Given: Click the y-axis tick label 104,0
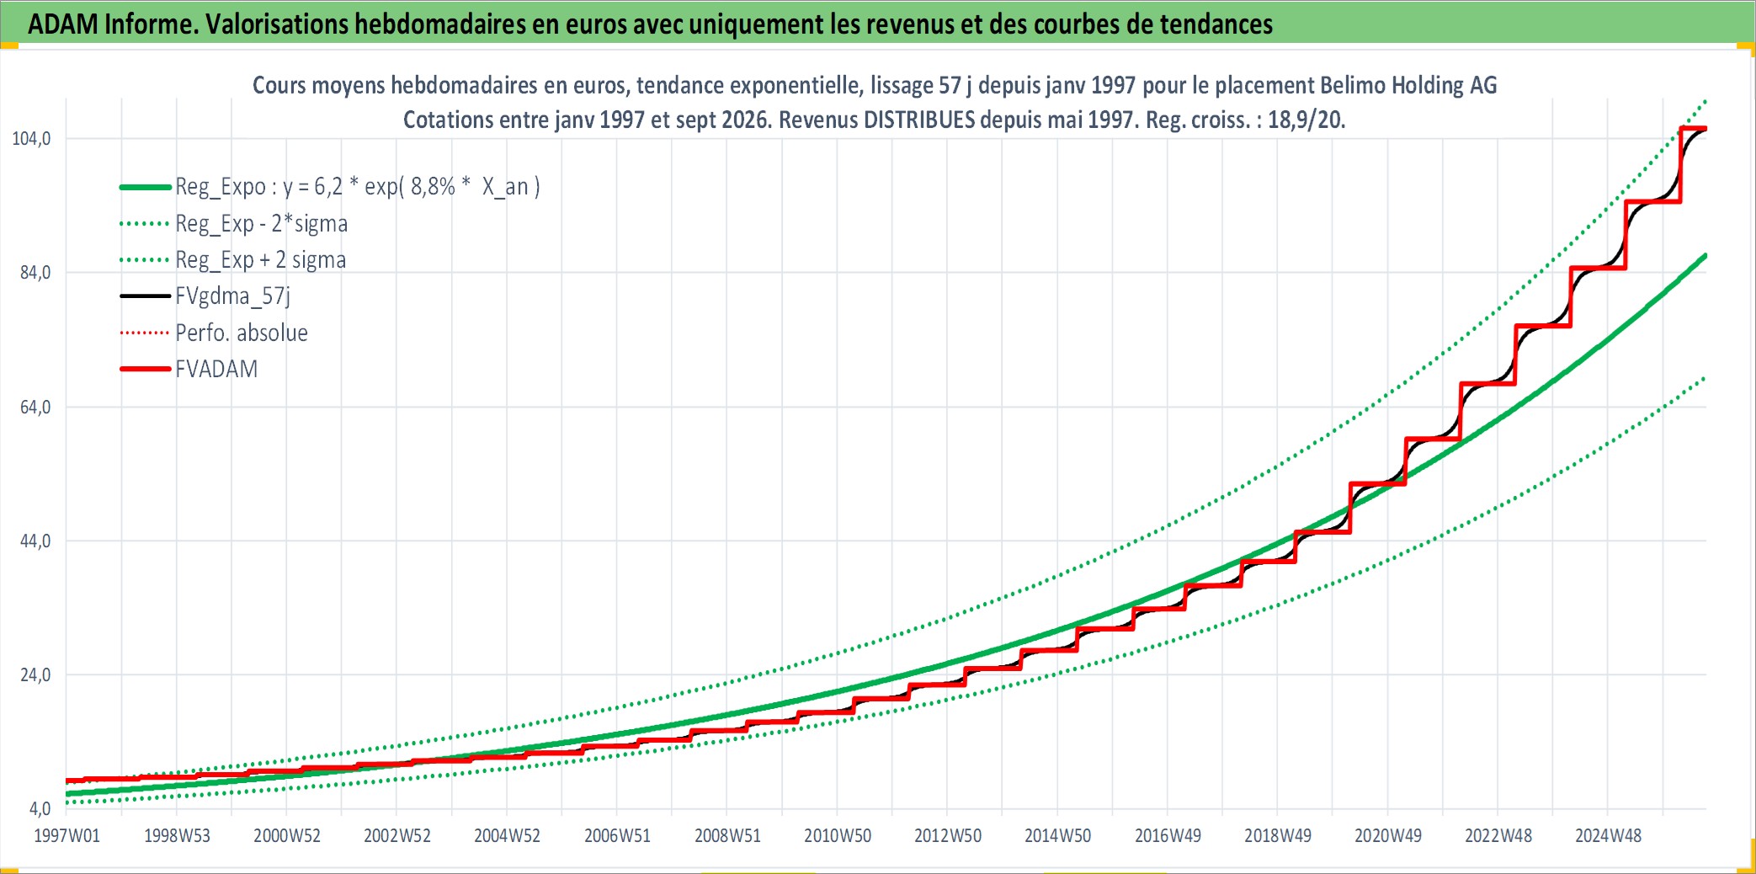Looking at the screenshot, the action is [31, 139].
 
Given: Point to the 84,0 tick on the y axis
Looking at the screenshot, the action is [35, 273].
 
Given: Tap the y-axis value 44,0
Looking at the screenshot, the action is [35, 541].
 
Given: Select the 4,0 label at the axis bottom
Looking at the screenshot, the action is [40, 809].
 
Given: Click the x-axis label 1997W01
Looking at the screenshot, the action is [67, 836].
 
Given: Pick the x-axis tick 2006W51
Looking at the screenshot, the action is [617, 836].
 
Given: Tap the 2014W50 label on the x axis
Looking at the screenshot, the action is [1057, 836].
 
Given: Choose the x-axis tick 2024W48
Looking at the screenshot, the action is [1608, 836].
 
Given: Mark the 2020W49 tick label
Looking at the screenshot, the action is [1387, 836].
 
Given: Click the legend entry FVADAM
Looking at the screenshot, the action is [216, 370].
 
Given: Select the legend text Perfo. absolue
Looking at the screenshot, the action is [242, 333].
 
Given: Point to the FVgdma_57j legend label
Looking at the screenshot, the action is [232, 296].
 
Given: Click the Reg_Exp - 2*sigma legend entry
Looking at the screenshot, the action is [261, 224].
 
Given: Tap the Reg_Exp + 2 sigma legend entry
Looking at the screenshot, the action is [260, 260].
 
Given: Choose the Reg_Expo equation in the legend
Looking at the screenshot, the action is [358, 187].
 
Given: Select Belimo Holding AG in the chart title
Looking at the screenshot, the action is [1408, 85].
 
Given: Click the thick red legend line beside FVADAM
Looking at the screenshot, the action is [146, 370].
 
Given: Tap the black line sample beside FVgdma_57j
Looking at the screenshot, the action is [146, 296].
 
